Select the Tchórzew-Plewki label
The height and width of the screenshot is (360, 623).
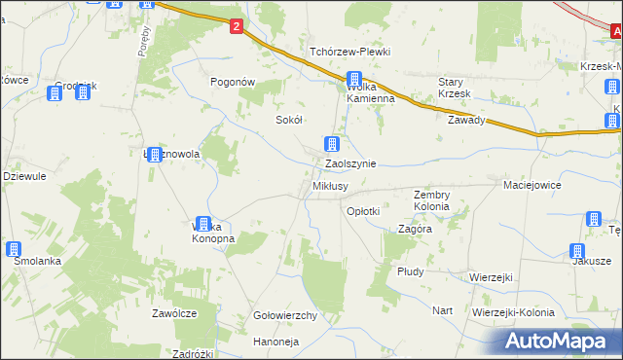349,52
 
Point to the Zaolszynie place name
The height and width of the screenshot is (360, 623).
350,164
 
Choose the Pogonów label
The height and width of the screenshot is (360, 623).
233,83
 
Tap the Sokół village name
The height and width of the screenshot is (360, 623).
290,120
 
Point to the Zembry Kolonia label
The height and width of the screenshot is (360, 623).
431,200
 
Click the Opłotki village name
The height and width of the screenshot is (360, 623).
363,210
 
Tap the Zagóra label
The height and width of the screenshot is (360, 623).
416,230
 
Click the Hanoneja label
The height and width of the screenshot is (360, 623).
276,342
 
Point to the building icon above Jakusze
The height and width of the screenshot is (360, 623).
592,221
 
